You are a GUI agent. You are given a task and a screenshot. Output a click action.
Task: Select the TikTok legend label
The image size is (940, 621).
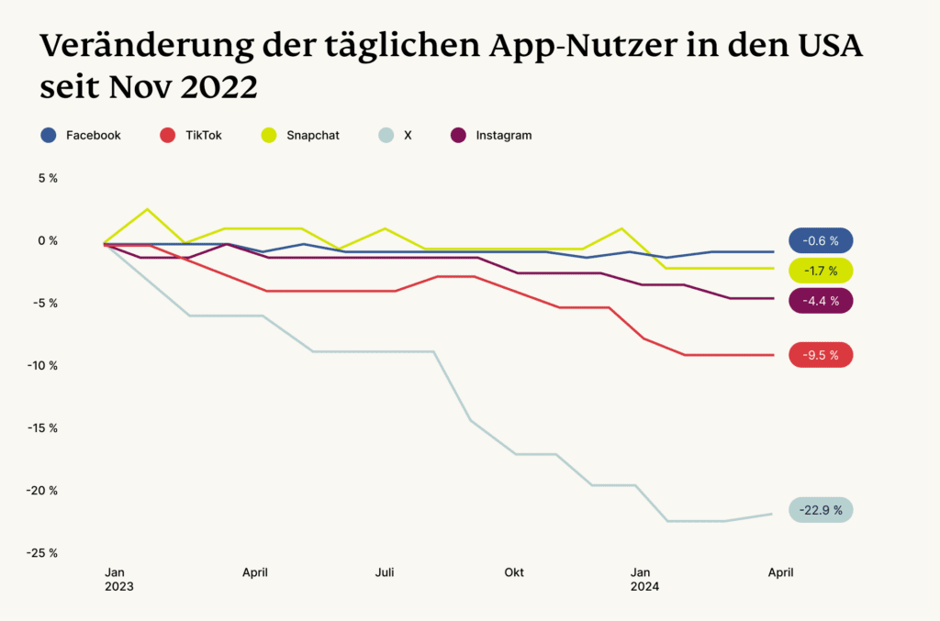(x=203, y=135)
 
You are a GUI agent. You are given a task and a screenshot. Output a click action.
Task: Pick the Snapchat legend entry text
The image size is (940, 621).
(x=312, y=135)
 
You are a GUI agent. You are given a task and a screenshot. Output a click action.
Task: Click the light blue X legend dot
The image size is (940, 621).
(x=386, y=135)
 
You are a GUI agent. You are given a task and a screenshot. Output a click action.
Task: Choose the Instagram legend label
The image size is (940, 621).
(x=503, y=135)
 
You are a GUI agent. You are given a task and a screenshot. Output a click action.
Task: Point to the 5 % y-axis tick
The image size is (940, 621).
(x=48, y=178)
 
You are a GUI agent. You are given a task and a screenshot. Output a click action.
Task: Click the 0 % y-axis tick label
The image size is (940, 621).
(x=47, y=240)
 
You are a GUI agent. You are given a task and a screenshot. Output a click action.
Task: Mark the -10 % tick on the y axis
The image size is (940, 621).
(x=42, y=365)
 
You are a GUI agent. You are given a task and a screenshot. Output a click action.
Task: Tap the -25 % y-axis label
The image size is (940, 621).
(x=42, y=552)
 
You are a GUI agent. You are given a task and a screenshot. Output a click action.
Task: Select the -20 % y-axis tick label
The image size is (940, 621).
(x=42, y=490)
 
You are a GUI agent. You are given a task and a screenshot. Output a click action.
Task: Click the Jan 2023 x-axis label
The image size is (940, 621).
(x=118, y=579)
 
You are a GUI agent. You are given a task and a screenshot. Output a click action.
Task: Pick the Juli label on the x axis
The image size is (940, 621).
(x=385, y=572)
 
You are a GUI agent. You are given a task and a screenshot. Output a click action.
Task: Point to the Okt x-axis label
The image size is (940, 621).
(x=514, y=572)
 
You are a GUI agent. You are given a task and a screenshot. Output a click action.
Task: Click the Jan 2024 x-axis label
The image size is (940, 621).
(x=643, y=579)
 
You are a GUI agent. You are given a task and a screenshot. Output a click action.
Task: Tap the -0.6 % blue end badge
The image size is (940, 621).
(x=821, y=240)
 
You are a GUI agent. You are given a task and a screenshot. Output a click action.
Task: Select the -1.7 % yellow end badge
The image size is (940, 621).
(x=821, y=271)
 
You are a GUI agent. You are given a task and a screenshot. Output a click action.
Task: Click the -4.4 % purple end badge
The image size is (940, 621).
(x=821, y=301)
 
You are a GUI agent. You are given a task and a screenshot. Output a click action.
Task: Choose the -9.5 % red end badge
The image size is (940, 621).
(x=821, y=355)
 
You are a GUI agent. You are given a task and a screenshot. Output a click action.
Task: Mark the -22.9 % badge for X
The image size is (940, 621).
(x=821, y=510)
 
